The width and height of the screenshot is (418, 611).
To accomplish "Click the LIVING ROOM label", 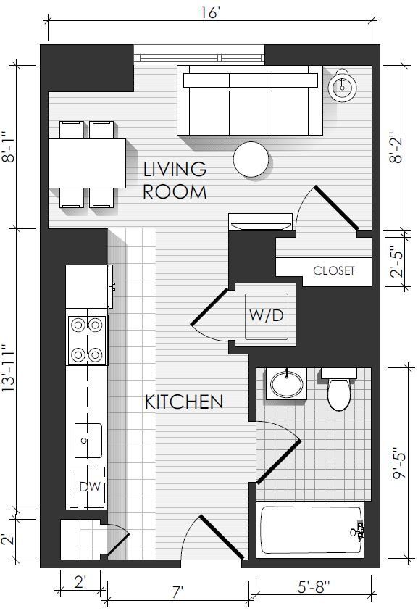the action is (x=175, y=180).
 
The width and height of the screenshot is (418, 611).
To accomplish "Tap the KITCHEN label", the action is (x=184, y=402).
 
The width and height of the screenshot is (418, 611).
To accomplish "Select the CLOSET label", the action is (x=334, y=270).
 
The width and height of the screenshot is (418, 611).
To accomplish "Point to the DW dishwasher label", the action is (x=90, y=486).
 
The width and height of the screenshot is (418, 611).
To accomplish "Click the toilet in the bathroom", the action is (x=339, y=389).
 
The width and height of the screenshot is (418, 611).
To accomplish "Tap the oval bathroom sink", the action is (x=286, y=385).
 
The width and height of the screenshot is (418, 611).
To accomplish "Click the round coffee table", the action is (x=251, y=159).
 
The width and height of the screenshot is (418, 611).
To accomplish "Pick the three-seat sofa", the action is (x=250, y=101).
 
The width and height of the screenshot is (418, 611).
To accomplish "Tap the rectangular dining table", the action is (x=87, y=164).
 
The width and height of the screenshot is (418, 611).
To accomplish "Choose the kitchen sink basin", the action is (x=88, y=441).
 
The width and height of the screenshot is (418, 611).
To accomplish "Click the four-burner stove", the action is (x=87, y=340).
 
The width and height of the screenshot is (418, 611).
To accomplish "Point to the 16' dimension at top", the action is (x=209, y=12).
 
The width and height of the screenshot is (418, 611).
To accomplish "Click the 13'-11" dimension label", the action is (x=9, y=369).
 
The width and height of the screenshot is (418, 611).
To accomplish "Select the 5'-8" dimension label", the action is (x=314, y=587).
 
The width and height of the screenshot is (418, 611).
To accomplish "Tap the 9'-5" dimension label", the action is (x=399, y=464).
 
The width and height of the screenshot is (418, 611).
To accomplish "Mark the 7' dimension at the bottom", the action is (x=177, y=592).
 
